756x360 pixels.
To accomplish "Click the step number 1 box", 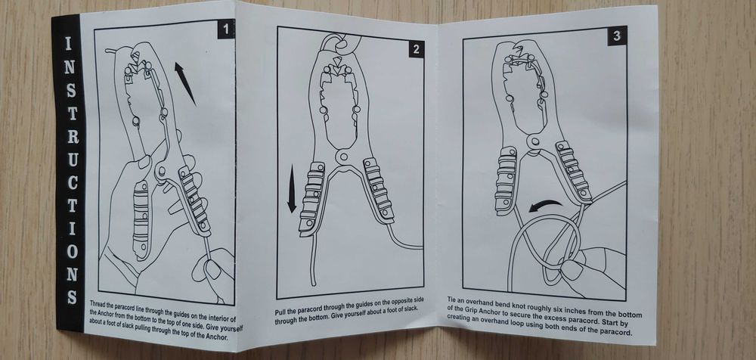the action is coord(226,29).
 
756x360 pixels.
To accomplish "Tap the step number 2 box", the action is coord(416,48).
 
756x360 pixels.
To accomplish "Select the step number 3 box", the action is coord(617,36).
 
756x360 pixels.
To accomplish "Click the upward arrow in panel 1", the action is coord(185,83).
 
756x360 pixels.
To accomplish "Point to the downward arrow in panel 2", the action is coord(292,188).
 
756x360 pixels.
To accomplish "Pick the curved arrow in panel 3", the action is coord(545,206).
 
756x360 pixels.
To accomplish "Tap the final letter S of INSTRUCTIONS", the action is coord(73,296).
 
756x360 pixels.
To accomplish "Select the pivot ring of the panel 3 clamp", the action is coord(533,142).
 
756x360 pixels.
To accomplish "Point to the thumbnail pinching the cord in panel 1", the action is coord(212,268).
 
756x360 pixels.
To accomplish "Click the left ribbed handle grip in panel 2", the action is coord(311,197).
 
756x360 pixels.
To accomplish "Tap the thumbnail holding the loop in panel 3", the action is coord(572,269).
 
